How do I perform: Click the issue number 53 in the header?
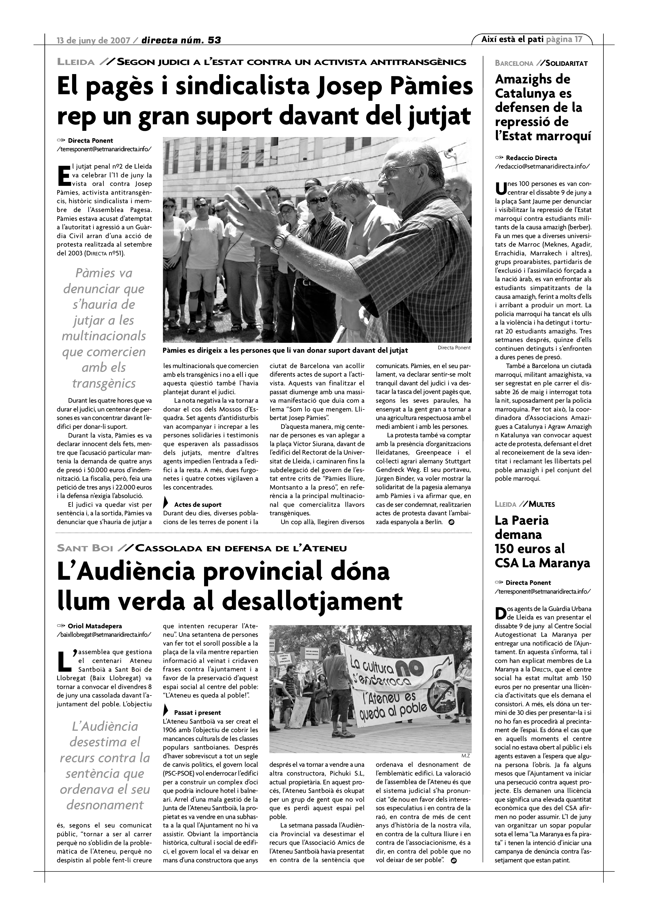coord(214,40)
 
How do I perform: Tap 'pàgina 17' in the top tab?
coord(564,39)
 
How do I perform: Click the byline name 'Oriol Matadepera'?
coord(95,626)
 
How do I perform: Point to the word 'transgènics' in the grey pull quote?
coord(104,383)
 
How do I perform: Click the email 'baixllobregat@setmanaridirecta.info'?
coord(104,634)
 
